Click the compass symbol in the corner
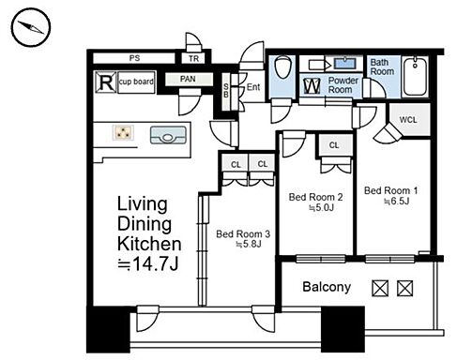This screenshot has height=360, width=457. [x=31, y=27]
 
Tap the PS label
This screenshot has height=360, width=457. [x=134, y=58]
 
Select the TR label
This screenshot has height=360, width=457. [x=193, y=58]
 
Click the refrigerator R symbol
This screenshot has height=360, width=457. [x=106, y=82]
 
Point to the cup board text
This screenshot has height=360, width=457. [x=136, y=82]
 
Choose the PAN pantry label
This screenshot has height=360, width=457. [x=188, y=79]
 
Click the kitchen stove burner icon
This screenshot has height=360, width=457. [x=123, y=132]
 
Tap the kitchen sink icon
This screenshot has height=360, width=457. [x=168, y=135]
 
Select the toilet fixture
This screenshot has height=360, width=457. [x=282, y=67]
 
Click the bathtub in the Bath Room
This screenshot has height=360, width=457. [x=415, y=76]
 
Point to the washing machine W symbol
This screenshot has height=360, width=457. [x=312, y=85]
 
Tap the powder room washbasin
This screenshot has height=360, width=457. [x=344, y=64]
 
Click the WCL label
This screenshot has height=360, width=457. [x=408, y=120]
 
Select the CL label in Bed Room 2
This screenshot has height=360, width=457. [x=334, y=145]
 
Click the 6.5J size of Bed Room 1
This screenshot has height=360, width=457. [x=397, y=201]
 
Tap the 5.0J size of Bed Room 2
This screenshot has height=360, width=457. [x=322, y=207]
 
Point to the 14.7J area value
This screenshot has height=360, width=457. [x=148, y=264]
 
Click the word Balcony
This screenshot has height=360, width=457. [x=327, y=287]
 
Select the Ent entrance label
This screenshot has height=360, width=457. [x=253, y=87]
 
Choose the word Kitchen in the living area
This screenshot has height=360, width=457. [x=149, y=244]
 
